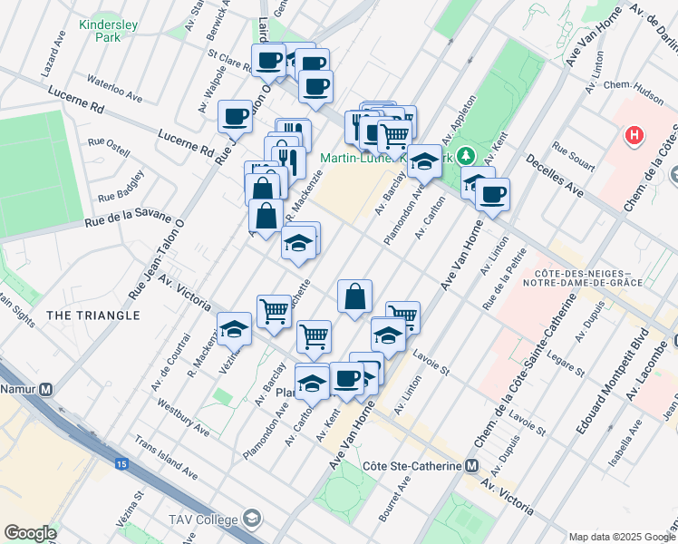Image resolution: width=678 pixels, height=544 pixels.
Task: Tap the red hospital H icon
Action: pyautogui.click(x=635, y=136)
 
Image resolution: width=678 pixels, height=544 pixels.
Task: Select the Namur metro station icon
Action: pyautogui.click(x=45, y=388)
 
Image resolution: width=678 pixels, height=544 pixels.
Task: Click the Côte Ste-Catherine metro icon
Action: pyautogui.click(x=470, y=466)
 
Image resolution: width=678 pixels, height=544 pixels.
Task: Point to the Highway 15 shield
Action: pyautogui.click(x=121, y=463)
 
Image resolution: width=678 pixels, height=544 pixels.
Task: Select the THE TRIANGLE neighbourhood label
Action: pyautogui.click(x=92, y=316)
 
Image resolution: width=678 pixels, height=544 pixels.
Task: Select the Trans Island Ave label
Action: pyautogui.click(x=166, y=461)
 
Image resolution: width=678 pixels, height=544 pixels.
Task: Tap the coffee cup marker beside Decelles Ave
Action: pyautogui.click(x=492, y=194)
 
